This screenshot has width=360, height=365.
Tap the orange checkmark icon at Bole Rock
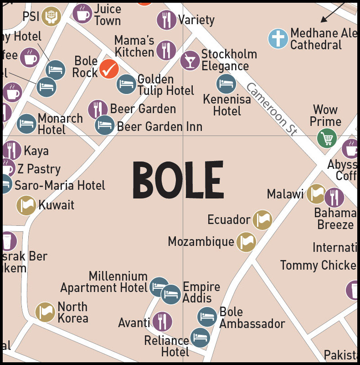pos(109,69)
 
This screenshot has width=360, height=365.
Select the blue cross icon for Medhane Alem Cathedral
pos(278,38)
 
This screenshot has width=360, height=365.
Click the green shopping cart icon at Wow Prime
pos(327,138)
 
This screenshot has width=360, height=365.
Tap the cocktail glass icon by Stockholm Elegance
pos(190,60)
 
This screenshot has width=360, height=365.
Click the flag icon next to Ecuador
pos(262,219)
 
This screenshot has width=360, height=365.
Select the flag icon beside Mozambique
pos(246,241)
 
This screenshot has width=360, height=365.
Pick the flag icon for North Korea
pos(45,312)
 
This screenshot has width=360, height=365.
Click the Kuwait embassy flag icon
pos(26,205)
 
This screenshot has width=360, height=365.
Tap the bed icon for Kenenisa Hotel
pos(226,84)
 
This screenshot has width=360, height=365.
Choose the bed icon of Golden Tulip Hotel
pos(126,84)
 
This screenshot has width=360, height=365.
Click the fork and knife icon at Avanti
pos(162,322)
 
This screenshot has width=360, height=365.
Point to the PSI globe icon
pos(51,16)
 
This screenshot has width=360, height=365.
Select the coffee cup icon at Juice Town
pos(82,13)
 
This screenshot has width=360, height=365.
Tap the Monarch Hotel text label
pos(60,124)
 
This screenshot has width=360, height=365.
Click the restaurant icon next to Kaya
pos(12,151)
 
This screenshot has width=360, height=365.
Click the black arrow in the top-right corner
pos(333,11)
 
